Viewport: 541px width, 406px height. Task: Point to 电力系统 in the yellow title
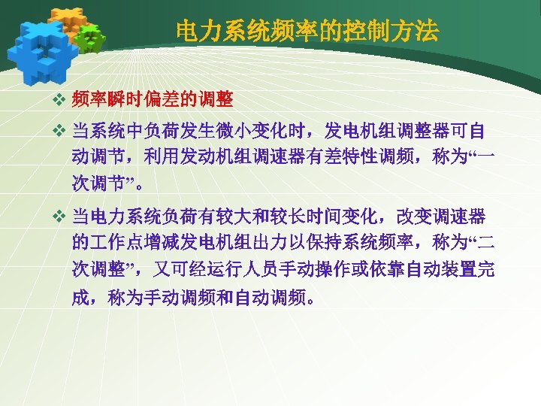coord(218,31)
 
